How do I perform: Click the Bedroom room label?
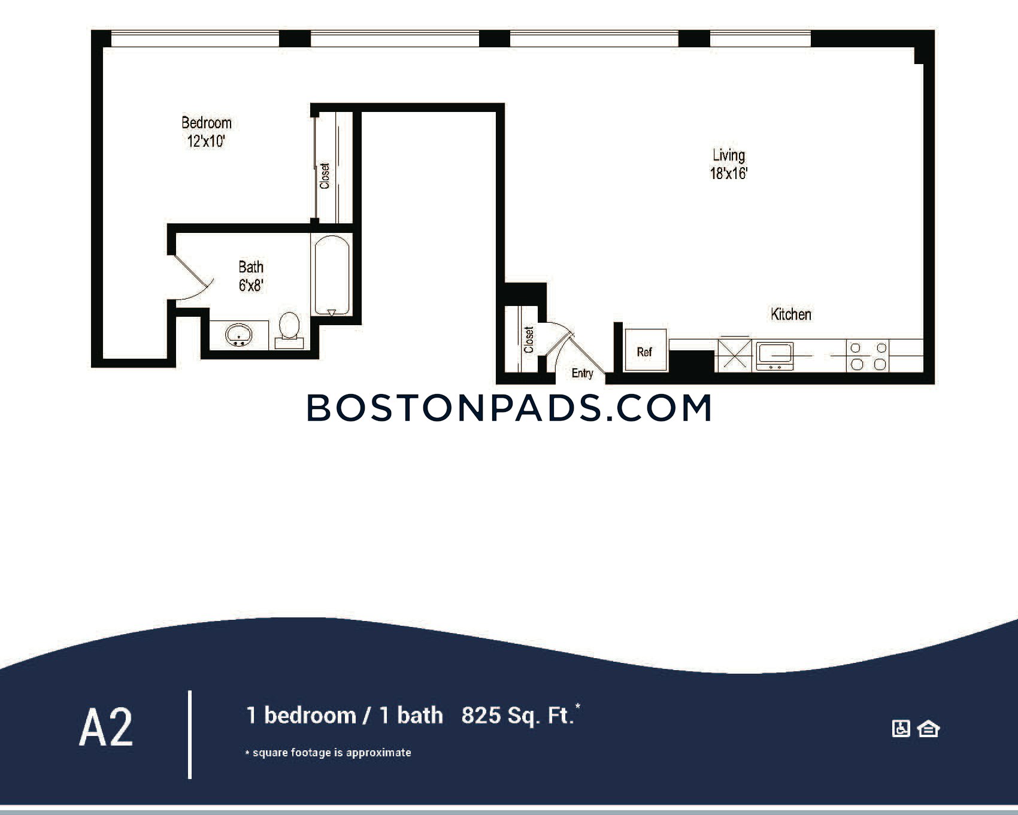point(207,123)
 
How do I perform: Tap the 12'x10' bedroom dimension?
point(206,141)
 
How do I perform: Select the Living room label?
point(729,155)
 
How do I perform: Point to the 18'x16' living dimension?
point(729,174)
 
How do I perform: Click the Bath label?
point(251,266)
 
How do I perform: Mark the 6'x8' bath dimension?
point(251,285)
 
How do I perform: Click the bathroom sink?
point(240,335)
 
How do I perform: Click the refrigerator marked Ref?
point(645,350)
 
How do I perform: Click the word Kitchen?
point(791,314)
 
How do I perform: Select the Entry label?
point(582,373)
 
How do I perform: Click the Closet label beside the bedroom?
point(325,176)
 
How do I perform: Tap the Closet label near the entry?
point(528,340)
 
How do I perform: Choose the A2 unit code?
point(106,728)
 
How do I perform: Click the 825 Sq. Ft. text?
point(518,716)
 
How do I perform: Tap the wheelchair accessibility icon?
point(901,729)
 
